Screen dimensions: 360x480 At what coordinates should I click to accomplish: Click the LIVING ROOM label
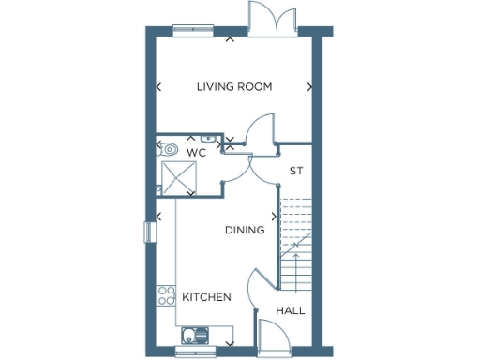click(x=234, y=87)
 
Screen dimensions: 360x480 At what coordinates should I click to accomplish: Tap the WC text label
click(x=196, y=152)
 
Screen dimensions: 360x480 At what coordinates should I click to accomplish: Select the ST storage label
click(x=297, y=171)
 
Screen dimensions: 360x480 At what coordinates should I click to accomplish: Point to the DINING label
click(x=245, y=230)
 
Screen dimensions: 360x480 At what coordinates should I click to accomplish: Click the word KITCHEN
click(x=206, y=297)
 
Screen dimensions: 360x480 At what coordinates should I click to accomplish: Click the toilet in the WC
click(x=169, y=148)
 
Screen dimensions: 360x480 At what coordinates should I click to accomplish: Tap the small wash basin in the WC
click(x=231, y=142)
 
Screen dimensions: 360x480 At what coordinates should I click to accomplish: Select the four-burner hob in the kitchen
click(x=166, y=296)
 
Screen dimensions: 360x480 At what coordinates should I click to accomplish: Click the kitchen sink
click(x=196, y=334)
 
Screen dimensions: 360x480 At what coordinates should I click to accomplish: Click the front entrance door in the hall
click(x=274, y=334)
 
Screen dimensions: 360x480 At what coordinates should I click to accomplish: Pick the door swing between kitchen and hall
click(x=257, y=285)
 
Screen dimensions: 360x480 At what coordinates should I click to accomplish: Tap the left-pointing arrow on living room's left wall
click(x=157, y=87)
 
